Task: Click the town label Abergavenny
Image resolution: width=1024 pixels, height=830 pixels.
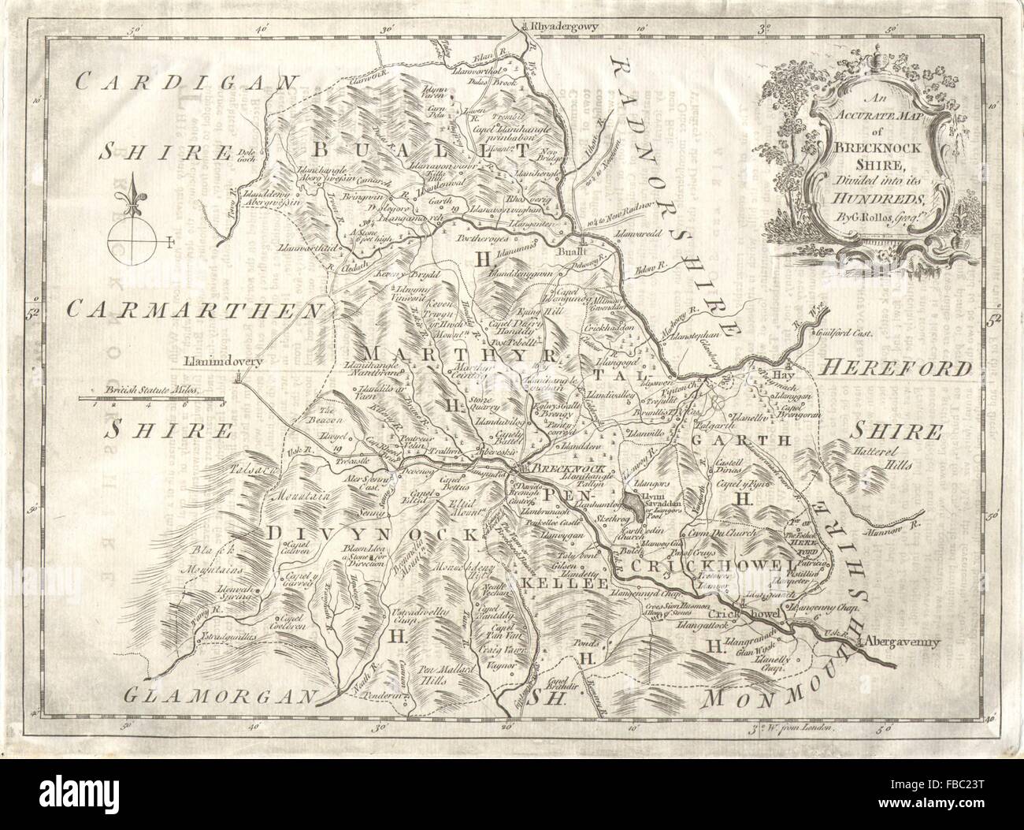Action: pyautogui.click(x=903, y=642)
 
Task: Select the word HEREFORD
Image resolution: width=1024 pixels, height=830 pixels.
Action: pyautogui.click(x=896, y=367)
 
